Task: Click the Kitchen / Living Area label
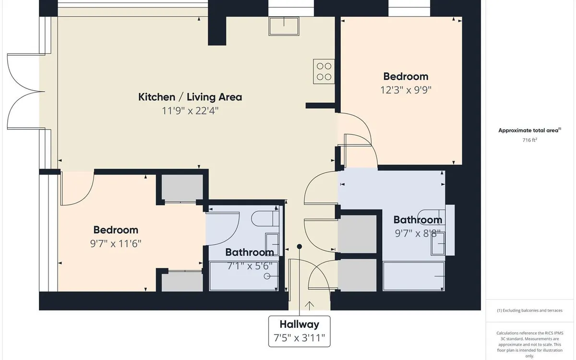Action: pos(190,97)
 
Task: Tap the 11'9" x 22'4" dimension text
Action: pos(190,111)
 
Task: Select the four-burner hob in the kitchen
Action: pos(324,72)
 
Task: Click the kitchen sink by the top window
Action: pos(284,26)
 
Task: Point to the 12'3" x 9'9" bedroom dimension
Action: pos(406,90)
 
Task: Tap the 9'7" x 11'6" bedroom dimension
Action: pos(116,243)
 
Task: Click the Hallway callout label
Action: pos(300,324)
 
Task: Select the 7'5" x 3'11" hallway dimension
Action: pos(300,338)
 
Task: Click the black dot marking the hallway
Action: pos(300,247)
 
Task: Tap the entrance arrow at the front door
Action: pos(309,305)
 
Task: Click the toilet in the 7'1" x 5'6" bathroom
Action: pos(265,218)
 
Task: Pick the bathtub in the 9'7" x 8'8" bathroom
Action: pos(414,276)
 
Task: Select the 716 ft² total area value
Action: pos(530,140)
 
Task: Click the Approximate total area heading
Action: pos(530,131)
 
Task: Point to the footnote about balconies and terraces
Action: pos(530,311)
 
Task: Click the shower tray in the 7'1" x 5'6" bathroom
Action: pos(244,276)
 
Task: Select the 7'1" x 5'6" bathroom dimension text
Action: pos(250,266)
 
